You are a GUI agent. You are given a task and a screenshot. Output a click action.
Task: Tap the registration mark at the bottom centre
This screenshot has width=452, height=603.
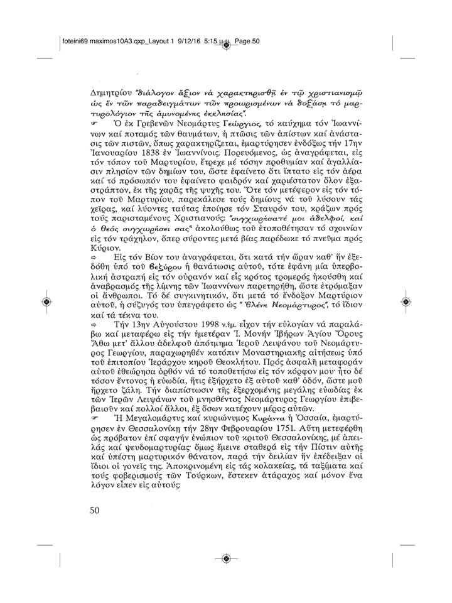[226, 558]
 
